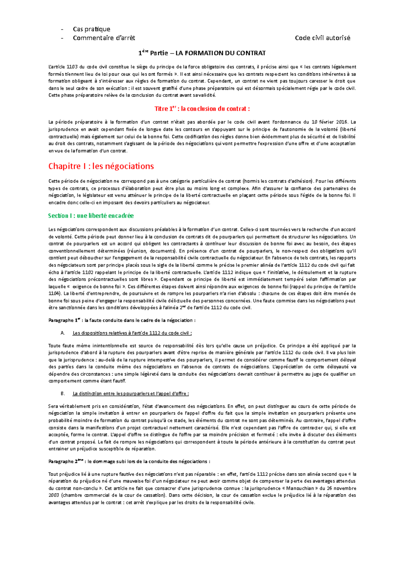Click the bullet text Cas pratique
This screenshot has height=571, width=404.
(91, 29)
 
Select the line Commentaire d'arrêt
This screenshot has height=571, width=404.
(104, 38)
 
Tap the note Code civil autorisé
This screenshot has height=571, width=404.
(323, 38)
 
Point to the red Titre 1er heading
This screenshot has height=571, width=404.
(202, 109)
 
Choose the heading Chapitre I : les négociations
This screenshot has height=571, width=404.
(101, 166)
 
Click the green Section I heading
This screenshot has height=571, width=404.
(91, 216)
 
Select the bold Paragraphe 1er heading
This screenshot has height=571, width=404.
(122, 320)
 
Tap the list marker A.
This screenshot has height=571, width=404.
(63, 333)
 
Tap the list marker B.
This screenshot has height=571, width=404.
(63, 394)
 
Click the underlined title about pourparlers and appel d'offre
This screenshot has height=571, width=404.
(131, 394)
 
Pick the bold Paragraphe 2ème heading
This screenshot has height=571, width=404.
(129, 462)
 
